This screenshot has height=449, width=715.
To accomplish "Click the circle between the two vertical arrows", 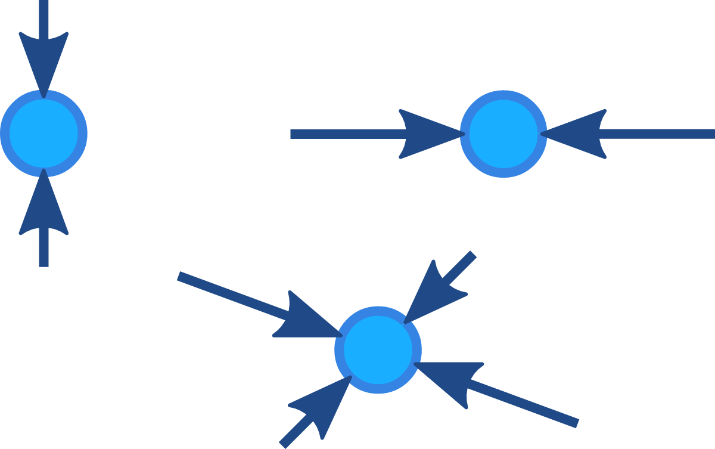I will [43, 133].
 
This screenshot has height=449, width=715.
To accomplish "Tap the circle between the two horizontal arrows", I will [503, 134].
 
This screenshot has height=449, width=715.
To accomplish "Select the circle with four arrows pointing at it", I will [378, 349].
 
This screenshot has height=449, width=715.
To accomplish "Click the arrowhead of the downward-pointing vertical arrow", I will [43, 63].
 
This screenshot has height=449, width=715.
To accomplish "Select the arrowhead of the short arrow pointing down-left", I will [434, 293].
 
